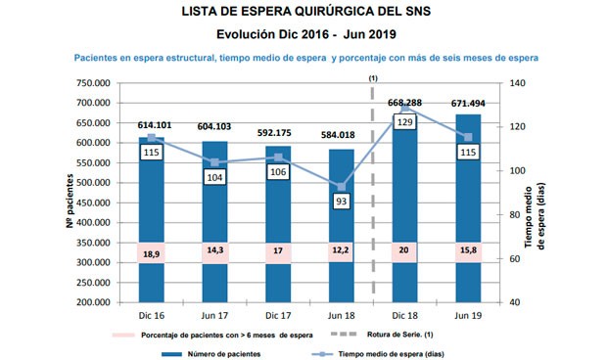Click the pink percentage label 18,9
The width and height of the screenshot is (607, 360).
(x=151, y=252)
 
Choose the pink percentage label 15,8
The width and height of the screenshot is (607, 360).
(x=467, y=252)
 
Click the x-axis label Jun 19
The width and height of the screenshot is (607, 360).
(x=467, y=317)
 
